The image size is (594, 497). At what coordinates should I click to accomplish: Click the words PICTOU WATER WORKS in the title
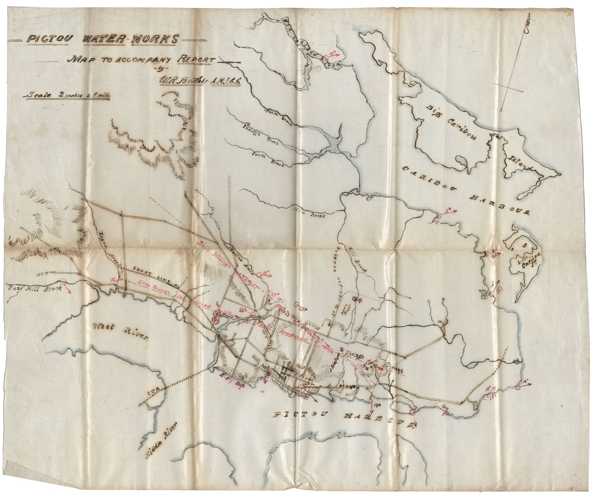click(103, 39)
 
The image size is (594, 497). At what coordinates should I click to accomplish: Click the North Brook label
click(279, 117)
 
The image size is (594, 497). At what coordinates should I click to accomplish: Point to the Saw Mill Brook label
click(35, 289)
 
